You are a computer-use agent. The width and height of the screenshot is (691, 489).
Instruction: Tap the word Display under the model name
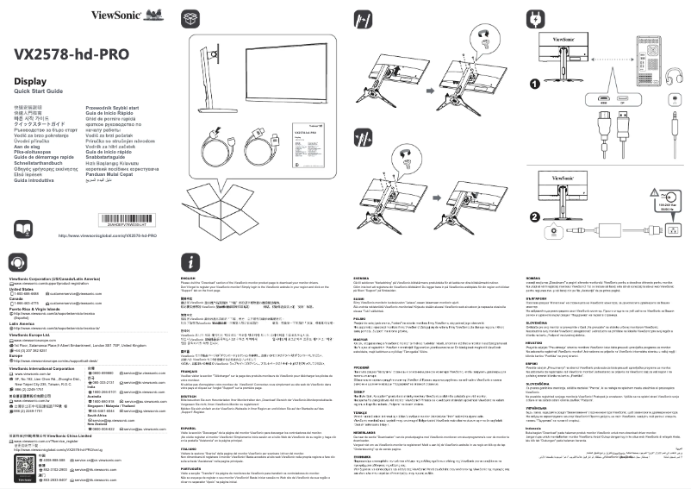30,80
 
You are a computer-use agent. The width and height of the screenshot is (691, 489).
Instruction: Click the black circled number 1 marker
534,84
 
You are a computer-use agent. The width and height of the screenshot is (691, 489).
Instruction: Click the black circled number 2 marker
534,216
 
